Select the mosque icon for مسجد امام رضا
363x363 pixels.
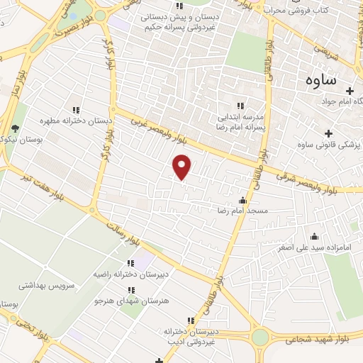pyautogui.click(x=243, y=200)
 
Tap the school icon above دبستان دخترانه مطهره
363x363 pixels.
pyautogui.click(x=76, y=110)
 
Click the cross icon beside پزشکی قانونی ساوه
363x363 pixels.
pyautogui.click(x=328, y=133)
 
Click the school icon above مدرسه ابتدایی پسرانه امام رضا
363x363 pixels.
pyautogui.click(x=240, y=106)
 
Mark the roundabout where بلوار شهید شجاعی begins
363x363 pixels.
pyautogui.click(x=259, y=337)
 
